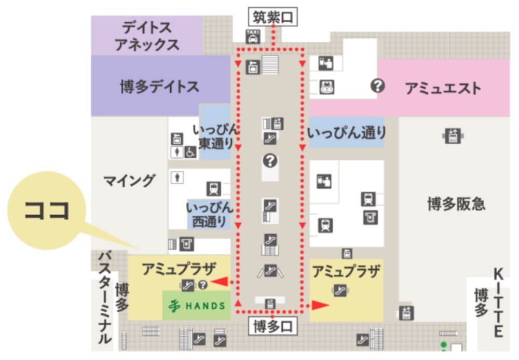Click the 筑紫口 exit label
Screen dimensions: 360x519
point(273,18)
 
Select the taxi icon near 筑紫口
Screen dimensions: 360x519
point(253,36)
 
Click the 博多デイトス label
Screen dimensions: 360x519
point(159,87)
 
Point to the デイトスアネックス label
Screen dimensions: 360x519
point(147,35)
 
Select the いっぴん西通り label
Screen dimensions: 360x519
point(209,214)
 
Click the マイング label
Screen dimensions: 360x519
point(129,181)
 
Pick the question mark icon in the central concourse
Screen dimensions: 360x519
point(270,161)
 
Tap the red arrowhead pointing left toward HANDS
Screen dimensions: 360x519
point(221,281)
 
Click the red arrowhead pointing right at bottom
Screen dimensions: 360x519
point(320,305)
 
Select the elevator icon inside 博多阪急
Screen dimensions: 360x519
point(452,136)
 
